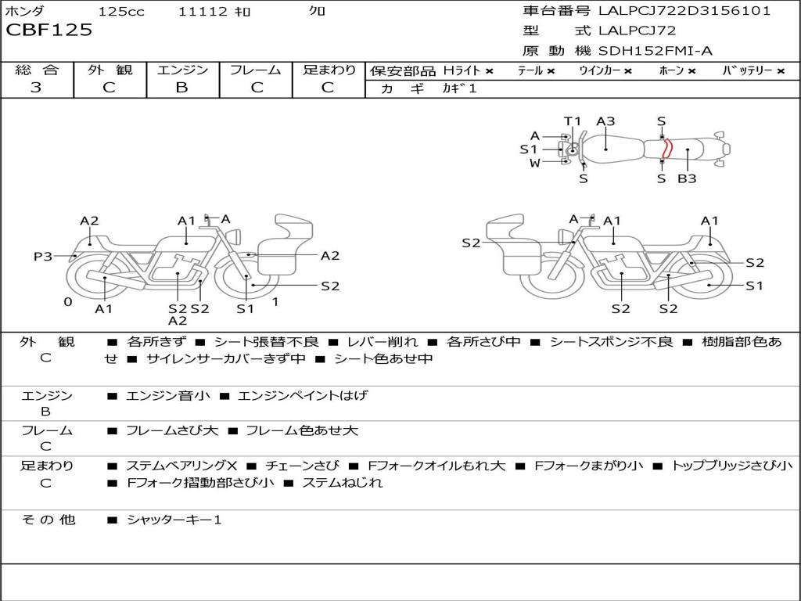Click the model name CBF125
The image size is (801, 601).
click(49, 31)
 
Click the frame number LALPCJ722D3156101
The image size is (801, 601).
click(684, 11)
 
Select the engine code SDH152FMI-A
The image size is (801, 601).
click(656, 51)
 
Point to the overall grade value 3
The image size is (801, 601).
click(36, 88)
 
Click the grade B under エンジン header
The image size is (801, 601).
click(181, 88)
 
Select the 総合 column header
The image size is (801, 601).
click(37, 70)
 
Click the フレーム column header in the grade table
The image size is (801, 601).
click(255, 70)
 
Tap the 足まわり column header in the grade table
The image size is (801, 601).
click(329, 70)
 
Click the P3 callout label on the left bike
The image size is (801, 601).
click(42, 256)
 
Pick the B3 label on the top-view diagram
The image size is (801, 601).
click(687, 178)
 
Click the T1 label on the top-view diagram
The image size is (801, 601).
click(573, 121)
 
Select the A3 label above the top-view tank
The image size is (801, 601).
click(605, 121)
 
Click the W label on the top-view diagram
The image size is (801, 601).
click(535, 163)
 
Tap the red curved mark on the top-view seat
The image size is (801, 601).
click(664, 149)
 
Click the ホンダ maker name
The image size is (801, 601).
click(25, 11)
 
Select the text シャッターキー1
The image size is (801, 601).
click(174, 520)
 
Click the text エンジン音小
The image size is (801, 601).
click(168, 396)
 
